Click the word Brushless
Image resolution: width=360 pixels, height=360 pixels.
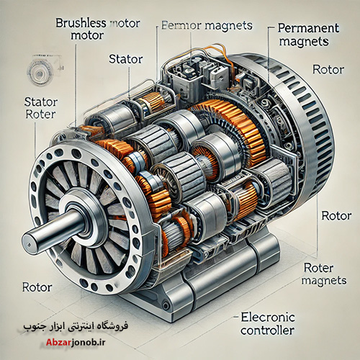[x=81, y=23]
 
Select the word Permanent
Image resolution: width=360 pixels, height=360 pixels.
[x=308, y=28]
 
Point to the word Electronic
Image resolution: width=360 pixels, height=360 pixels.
[x=268, y=318]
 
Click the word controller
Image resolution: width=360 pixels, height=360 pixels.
[x=267, y=330]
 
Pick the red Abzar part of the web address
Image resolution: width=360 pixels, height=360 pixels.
[x=58, y=342]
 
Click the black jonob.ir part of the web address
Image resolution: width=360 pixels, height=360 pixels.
[x=88, y=342]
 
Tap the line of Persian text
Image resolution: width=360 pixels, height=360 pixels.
[x=76, y=327]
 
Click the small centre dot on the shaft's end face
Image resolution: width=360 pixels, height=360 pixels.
[x=29, y=246]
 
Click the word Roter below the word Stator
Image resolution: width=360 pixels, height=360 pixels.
[x=40, y=114]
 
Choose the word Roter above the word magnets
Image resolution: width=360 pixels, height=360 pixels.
[x=318, y=268]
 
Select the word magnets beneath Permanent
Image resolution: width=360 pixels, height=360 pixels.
[x=304, y=42]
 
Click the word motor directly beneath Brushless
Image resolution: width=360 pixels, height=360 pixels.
[x=87, y=35]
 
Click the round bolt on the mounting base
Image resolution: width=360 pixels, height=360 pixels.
[x=166, y=305]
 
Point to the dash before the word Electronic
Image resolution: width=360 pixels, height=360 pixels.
[x=236, y=318]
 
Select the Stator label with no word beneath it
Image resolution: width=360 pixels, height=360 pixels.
[x=126, y=59]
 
